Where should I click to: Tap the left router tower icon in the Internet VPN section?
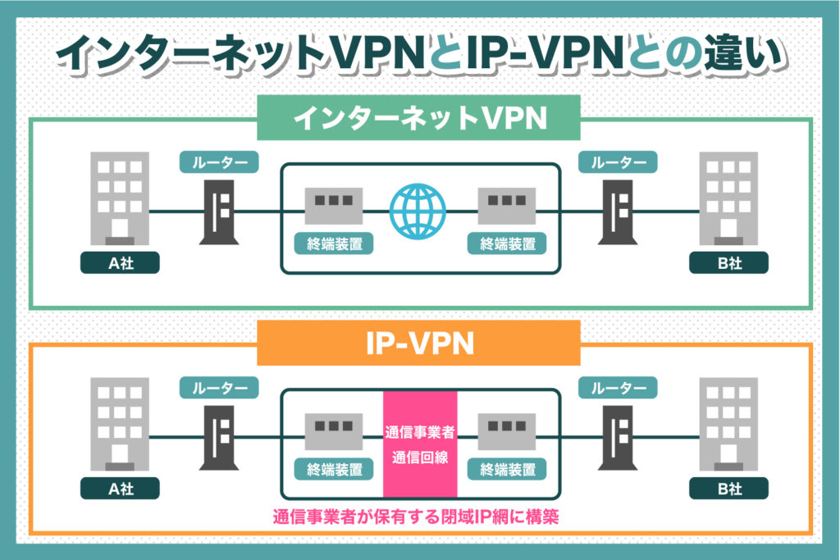(x=219, y=211)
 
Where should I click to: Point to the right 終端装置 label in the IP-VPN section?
(x=506, y=470)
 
